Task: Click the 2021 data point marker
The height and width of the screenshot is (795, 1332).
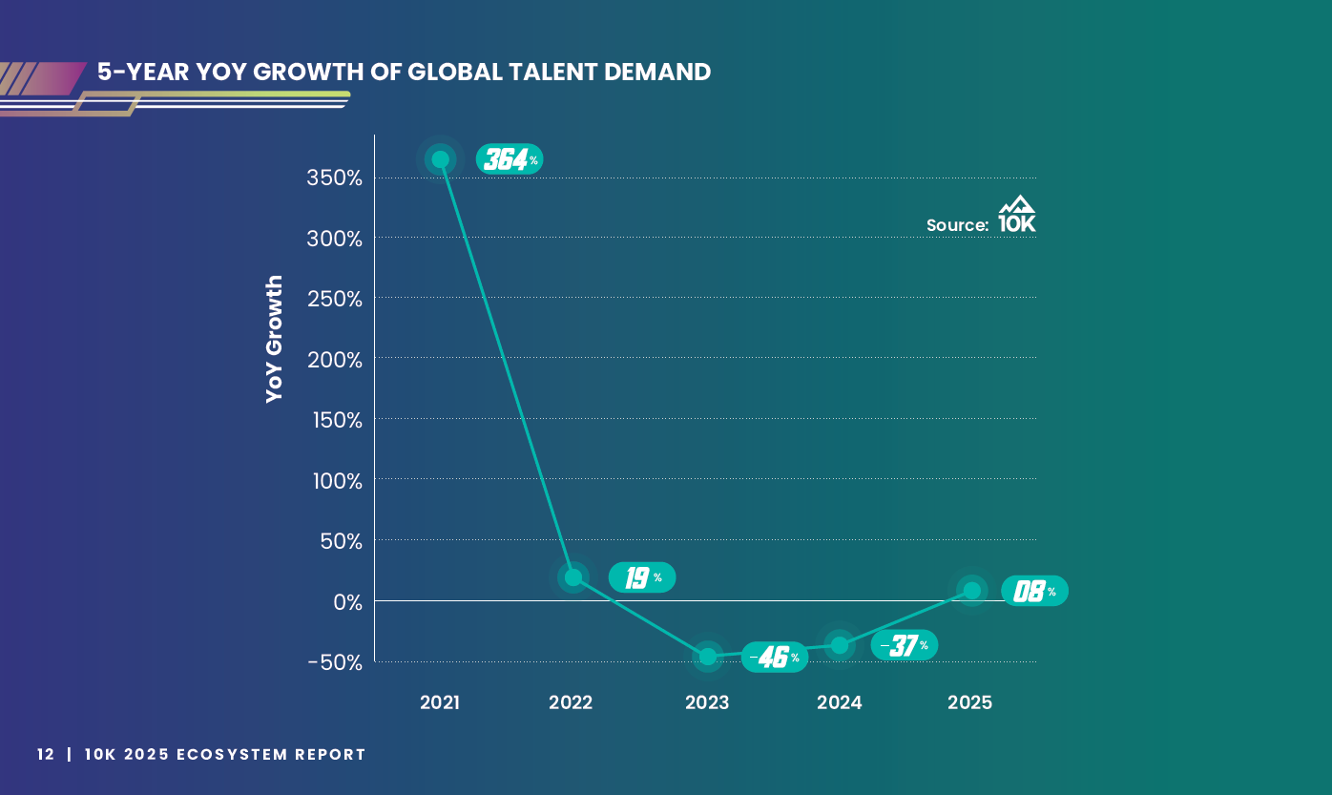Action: tap(440, 159)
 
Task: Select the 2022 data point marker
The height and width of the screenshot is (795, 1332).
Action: tap(572, 576)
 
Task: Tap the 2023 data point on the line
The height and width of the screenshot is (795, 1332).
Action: tap(707, 656)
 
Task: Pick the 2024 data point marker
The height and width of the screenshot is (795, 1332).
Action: tap(839, 645)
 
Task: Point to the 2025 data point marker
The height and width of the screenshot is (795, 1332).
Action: tap(971, 590)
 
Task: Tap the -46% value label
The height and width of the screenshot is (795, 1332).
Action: tap(774, 657)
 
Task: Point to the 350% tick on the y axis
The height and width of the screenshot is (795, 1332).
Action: tap(335, 178)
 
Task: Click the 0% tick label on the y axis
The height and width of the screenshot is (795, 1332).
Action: tap(347, 602)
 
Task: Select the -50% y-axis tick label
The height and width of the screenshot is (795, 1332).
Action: tap(334, 662)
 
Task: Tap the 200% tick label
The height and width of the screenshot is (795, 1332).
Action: tap(335, 360)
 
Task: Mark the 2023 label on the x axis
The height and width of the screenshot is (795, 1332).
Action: tap(707, 702)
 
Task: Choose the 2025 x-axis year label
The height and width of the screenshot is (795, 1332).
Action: tap(969, 702)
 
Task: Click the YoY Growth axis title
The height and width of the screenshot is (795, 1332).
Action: tap(275, 339)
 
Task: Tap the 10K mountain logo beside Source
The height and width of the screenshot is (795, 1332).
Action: tap(1016, 215)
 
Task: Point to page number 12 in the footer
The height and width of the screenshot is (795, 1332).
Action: tap(46, 754)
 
